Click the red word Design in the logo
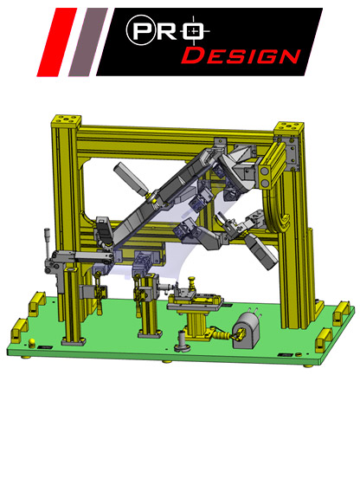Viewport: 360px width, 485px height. tap(241, 55)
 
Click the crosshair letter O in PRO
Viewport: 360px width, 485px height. tap(194, 31)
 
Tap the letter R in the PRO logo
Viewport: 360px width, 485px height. tap(167, 31)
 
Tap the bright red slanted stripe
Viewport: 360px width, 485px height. tap(56, 42)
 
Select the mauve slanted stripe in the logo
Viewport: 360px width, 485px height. tap(88, 42)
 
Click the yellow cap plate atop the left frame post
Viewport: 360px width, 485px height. tap(66, 122)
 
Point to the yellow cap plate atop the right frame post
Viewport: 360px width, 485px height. tap(289, 128)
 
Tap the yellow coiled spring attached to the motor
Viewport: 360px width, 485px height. tap(222, 335)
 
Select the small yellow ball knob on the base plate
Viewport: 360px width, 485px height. tap(32, 342)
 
